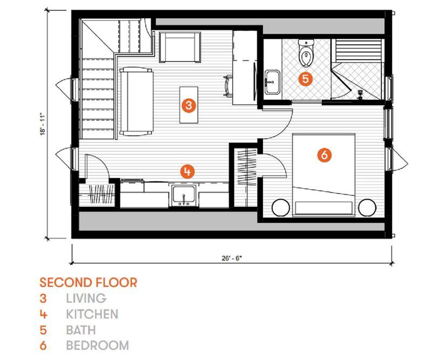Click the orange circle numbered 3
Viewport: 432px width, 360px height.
pos(188,105)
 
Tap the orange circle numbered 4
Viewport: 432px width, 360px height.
pos(187,172)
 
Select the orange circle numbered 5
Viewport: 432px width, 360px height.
pos(306,79)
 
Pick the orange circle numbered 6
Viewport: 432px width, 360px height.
pos(325,155)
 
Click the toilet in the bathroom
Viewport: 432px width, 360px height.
pos(306,53)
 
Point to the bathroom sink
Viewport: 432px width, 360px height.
pos(273,82)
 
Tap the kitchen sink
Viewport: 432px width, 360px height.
pos(184,195)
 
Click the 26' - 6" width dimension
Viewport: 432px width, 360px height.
pos(232,258)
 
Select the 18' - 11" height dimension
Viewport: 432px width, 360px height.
pos(43,124)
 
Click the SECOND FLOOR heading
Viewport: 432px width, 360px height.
pos(88,283)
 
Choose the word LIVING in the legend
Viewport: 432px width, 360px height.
pos(86,298)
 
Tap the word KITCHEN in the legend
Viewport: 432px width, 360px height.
pos(92,314)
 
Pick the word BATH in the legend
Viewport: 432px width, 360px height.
pos(80,330)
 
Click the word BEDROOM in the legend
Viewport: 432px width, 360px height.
pos(98,345)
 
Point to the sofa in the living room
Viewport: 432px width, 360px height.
pos(137,101)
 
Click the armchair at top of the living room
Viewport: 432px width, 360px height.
pos(180,47)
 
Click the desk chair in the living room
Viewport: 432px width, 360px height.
pos(228,86)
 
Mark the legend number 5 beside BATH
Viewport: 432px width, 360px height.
pos(43,330)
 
